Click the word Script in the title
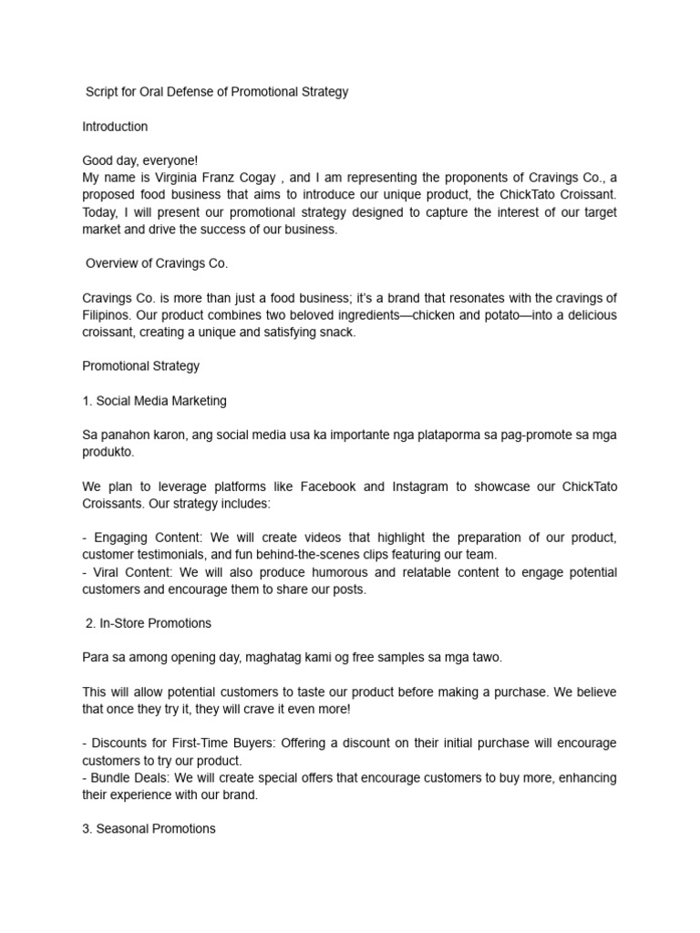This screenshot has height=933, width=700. [103, 92]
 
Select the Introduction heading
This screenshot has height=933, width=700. [115, 127]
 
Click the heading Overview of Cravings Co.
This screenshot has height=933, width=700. [156, 263]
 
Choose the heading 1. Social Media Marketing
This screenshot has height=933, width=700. [154, 401]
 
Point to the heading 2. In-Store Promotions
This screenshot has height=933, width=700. [149, 623]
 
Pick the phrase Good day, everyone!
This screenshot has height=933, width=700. [139, 161]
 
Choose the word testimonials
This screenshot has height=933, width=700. [178, 555]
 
